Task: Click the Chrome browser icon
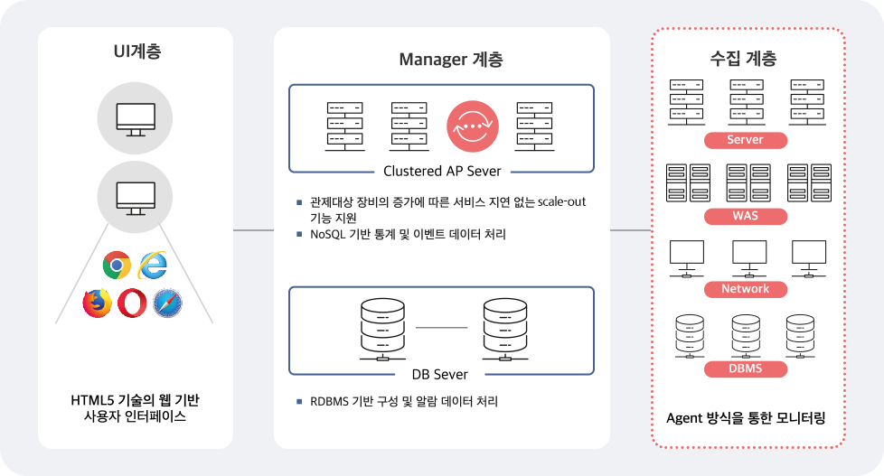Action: [x=117, y=265]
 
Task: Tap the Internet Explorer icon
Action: [x=153, y=265]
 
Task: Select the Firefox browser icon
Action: [x=97, y=303]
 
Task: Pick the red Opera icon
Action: [x=132, y=303]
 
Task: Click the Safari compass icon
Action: [x=168, y=303]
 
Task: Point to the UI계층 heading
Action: [x=136, y=51]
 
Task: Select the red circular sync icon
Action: [x=472, y=126]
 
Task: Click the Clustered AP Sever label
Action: [x=442, y=171]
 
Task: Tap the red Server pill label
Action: [x=745, y=140]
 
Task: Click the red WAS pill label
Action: [x=745, y=216]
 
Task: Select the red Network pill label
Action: [x=745, y=289]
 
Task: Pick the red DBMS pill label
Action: [x=745, y=369]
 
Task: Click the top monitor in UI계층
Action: [x=136, y=118]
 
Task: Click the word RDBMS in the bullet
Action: [x=331, y=401]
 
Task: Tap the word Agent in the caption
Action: [x=685, y=418]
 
